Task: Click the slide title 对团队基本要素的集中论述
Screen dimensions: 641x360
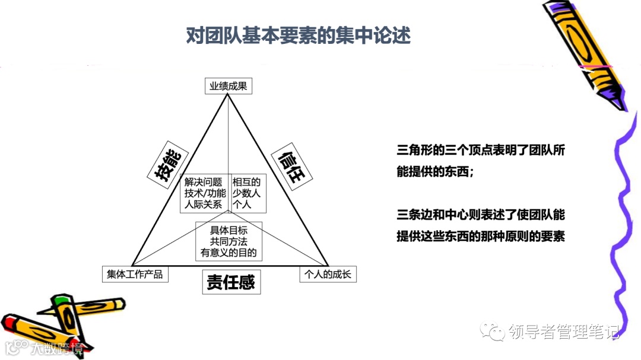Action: pos(298,36)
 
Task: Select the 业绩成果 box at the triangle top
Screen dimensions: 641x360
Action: pos(229,86)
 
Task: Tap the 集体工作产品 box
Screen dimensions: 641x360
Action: pos(135,274)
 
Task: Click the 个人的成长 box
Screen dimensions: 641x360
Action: pos(328,274)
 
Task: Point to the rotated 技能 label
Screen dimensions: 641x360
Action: pos(167,164)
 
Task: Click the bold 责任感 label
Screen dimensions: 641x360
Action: pos(230,283)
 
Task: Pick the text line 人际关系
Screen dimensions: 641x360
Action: pos(203,205)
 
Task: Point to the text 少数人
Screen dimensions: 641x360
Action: pos(246,193)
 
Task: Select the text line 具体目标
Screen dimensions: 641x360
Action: pos(229,230)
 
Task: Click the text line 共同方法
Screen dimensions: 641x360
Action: pos(229,241)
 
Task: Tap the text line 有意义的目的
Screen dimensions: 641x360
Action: pos(229,253)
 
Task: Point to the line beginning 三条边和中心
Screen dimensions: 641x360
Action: pos(480,215)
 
